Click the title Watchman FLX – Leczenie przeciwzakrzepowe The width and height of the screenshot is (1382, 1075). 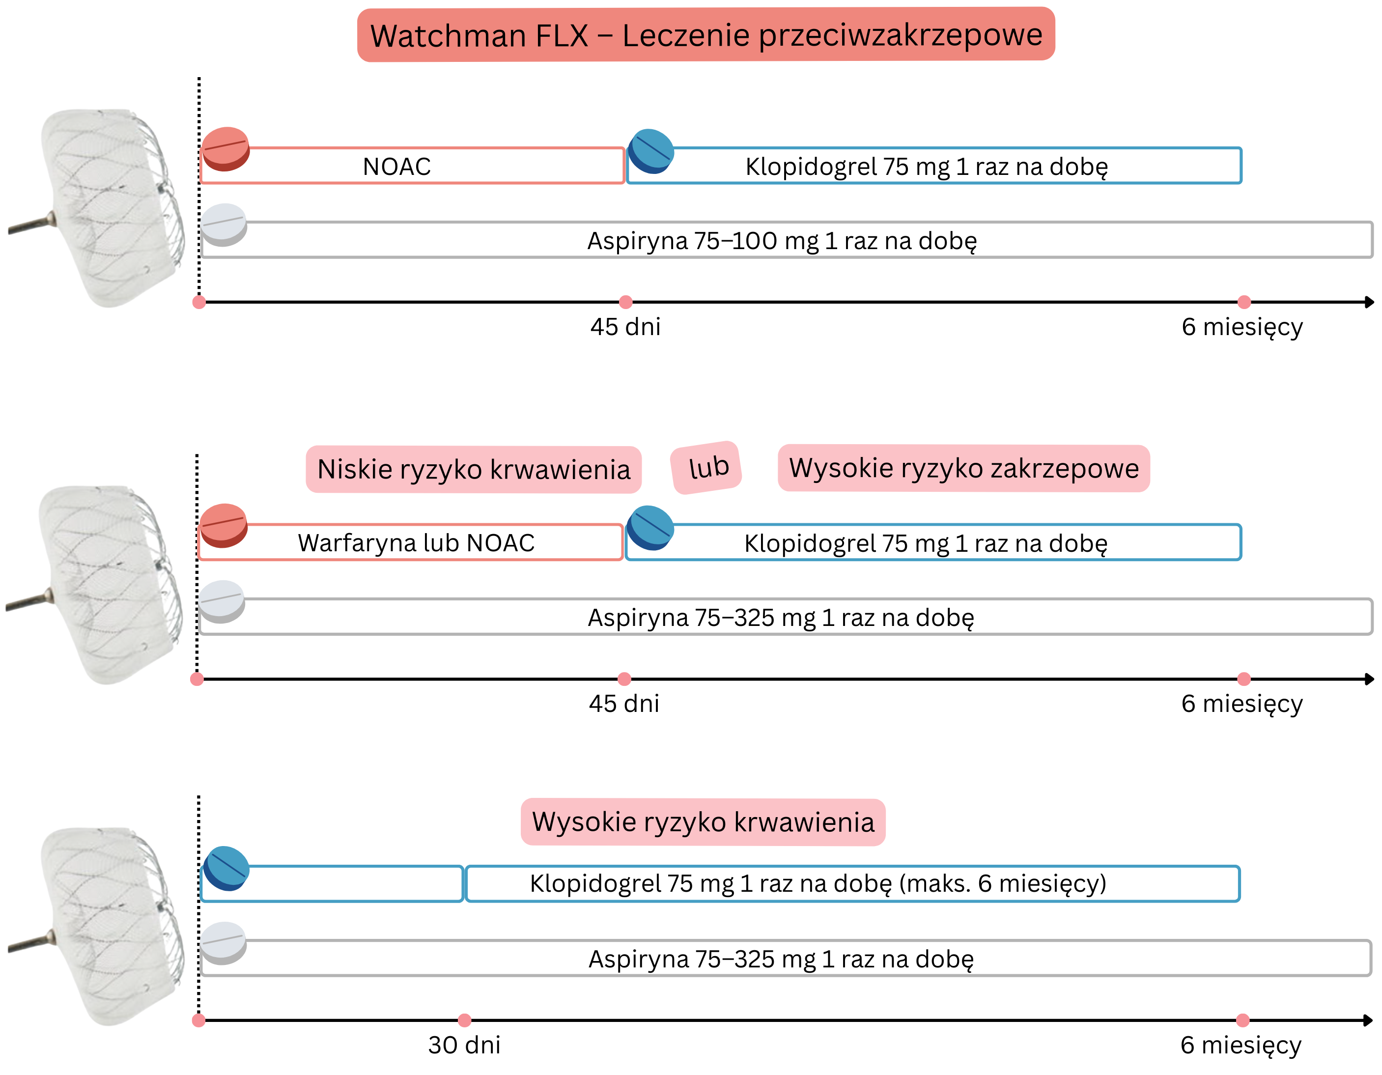tap(705, 35)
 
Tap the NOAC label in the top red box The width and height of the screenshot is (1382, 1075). tap(397, 167)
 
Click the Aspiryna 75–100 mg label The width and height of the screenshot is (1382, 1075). tap(782, 240)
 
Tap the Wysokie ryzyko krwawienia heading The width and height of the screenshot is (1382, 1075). tap(703, 822)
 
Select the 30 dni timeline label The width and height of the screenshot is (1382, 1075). tap(464, 1045)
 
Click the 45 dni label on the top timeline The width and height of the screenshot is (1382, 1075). tap(625, 327)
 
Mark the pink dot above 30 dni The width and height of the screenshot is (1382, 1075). tap(464, 1020)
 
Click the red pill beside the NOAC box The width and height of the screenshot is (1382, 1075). tap(226, 149)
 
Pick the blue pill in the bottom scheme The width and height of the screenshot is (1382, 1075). tap(226, 868)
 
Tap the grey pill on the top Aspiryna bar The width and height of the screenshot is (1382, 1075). tap(224, 225)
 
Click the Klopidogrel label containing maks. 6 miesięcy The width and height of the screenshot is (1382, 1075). tap(818, 883)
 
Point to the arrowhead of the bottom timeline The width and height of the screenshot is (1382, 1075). tap(1369, 1020)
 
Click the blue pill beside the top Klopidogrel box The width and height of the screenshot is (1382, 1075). tap(651, 151)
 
